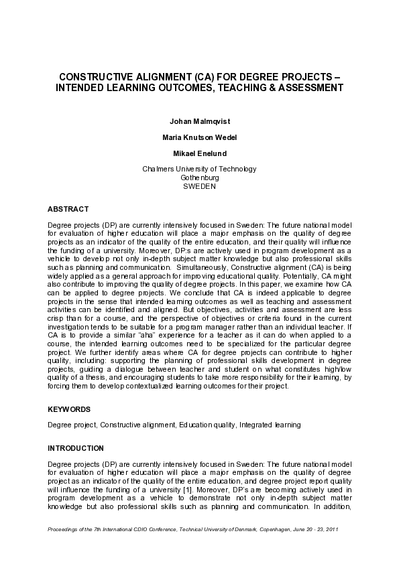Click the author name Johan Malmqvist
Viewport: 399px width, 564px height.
click(199, 122)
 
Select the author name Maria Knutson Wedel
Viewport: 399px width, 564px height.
click(199, 137)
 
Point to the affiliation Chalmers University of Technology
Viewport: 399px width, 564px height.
click(199, 169)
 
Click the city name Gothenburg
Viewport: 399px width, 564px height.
click(199, 178)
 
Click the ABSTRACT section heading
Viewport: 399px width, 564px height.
click(68, 209)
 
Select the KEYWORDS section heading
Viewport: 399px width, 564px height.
click(69, 409)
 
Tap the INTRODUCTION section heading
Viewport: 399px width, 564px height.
click(76, 447)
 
